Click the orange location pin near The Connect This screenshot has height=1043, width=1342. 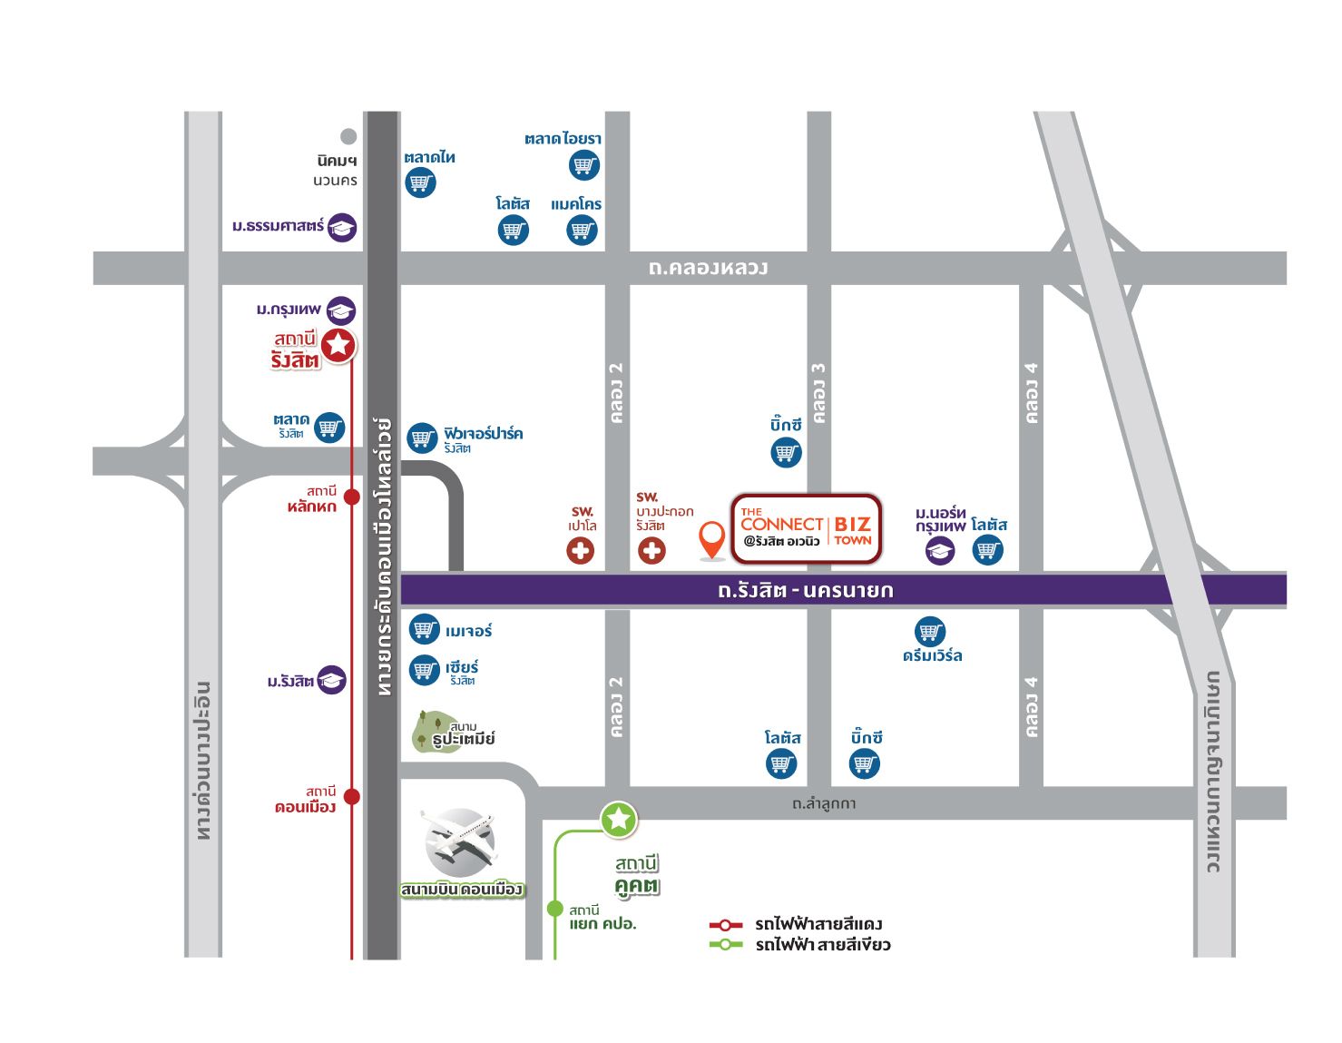pos(713,538)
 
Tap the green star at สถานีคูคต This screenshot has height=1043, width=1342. pos(619,820)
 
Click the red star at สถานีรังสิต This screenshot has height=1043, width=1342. pos(338,344)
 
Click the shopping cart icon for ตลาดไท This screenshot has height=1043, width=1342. pos(420,182)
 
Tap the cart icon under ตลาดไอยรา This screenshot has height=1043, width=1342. pos(584,165)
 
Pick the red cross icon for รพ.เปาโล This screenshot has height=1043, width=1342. pos(581,550)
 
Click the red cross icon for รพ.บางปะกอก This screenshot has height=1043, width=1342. pos(651,550)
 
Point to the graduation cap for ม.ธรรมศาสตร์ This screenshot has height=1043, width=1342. pos(342,227)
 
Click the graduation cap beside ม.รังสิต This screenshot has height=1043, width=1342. pos(331,680)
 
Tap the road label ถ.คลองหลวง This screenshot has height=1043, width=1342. pos(708,268)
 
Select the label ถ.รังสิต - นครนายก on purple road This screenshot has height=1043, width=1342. pos(805,590)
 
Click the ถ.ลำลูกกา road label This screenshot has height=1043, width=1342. pos(823,803)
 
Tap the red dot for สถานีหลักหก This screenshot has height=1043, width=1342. pos(352,497)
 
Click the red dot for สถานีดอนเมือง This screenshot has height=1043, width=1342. pos(352,797)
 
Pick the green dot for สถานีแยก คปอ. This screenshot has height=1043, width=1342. pos(554,909)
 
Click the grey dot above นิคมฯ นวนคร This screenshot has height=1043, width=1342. pos(348,137)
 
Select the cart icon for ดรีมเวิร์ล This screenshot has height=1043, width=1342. pos(930,631)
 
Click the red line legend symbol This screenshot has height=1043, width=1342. pos(726,925)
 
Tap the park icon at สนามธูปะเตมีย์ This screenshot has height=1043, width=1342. pos(428,731)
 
